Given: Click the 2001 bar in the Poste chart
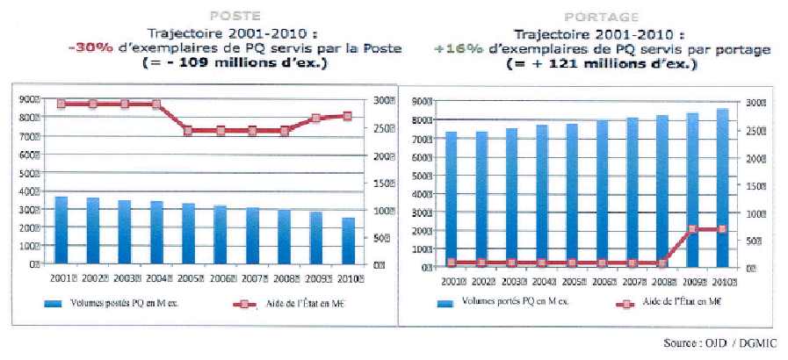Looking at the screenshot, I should tap(61, 230).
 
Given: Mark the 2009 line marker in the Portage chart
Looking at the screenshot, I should tap(692, 229).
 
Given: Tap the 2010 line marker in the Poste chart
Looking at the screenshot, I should tap(348, 116).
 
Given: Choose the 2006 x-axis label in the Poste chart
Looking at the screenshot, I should tap(221, 278).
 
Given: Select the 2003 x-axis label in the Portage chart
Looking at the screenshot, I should tap(511, 281).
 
